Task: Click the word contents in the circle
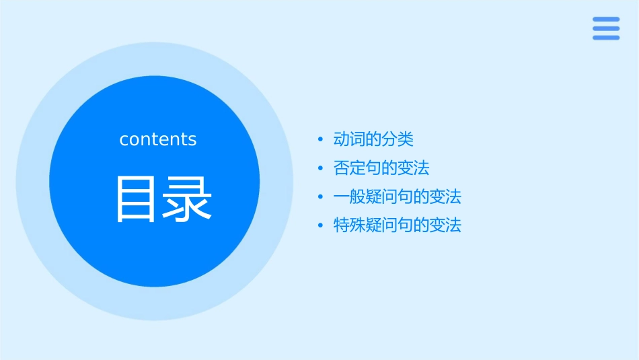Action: coord(158,139)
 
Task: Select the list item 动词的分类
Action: coord(373,139)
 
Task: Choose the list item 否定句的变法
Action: coord(381,168)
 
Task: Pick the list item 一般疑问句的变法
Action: coord(398,196)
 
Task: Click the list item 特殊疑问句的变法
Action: coord(398,225)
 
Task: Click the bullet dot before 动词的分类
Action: coord(320,140)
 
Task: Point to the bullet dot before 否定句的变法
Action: coord(320,168)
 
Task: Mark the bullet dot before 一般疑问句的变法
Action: coord(320,197)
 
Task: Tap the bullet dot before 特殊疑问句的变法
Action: coord(320,225)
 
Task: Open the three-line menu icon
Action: coord(606,28)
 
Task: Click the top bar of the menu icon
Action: coord(606,20)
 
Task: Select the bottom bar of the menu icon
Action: coord(606,38)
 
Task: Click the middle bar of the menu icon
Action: coord(606,28)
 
